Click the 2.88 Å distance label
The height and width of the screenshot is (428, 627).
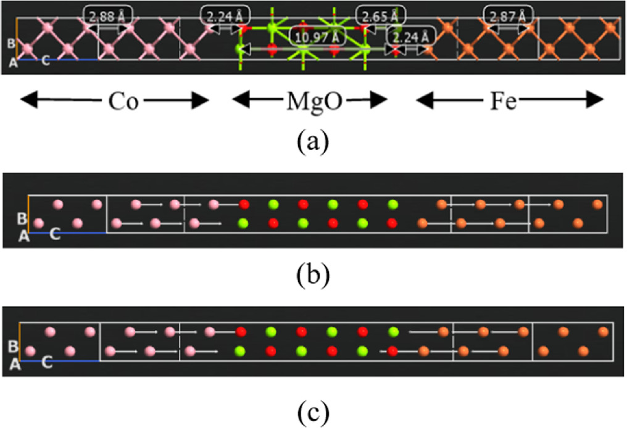click(x=102, y=16)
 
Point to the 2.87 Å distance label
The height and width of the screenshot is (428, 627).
click(x=509, y=16)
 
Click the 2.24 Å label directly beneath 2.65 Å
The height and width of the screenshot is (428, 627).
click(x=410, y=37)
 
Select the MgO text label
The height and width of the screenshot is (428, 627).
click(x=309, y=99)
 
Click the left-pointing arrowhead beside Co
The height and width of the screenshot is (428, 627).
click(x=26, y=99)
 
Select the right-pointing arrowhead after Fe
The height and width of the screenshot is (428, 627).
click(x=596, y=99)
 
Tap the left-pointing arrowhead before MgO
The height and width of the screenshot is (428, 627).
click(x=238, y=99)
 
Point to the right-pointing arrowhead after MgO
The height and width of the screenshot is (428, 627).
click(x=381, y=99)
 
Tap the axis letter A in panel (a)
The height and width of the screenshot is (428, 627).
click(x=12, y=62)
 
